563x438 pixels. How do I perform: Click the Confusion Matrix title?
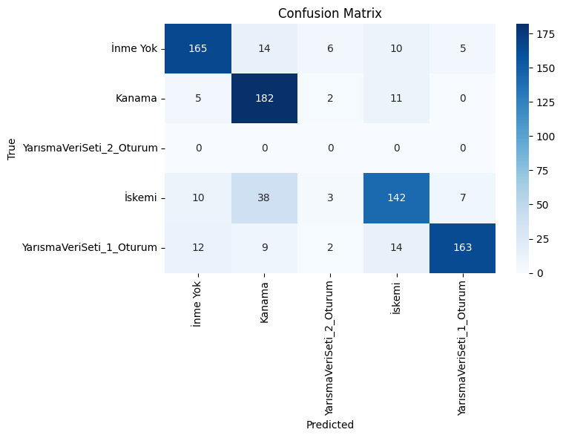[x=329, y=13]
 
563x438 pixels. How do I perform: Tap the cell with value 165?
[x=197, y=48]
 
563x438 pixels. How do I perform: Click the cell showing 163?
[x=462, y=248]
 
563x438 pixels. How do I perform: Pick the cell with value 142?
[x=396, y=198]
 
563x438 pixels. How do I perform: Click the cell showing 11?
[x=396, y=98]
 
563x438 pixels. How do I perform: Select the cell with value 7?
[x=462, y=198]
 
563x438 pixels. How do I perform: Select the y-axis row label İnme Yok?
[x=134, y=48]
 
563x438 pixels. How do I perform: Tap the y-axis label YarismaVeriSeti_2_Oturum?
[x=90, y=148]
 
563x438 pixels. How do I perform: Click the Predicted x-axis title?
[x=329, y=425]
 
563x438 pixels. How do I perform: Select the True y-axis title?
[x=11, y=148]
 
